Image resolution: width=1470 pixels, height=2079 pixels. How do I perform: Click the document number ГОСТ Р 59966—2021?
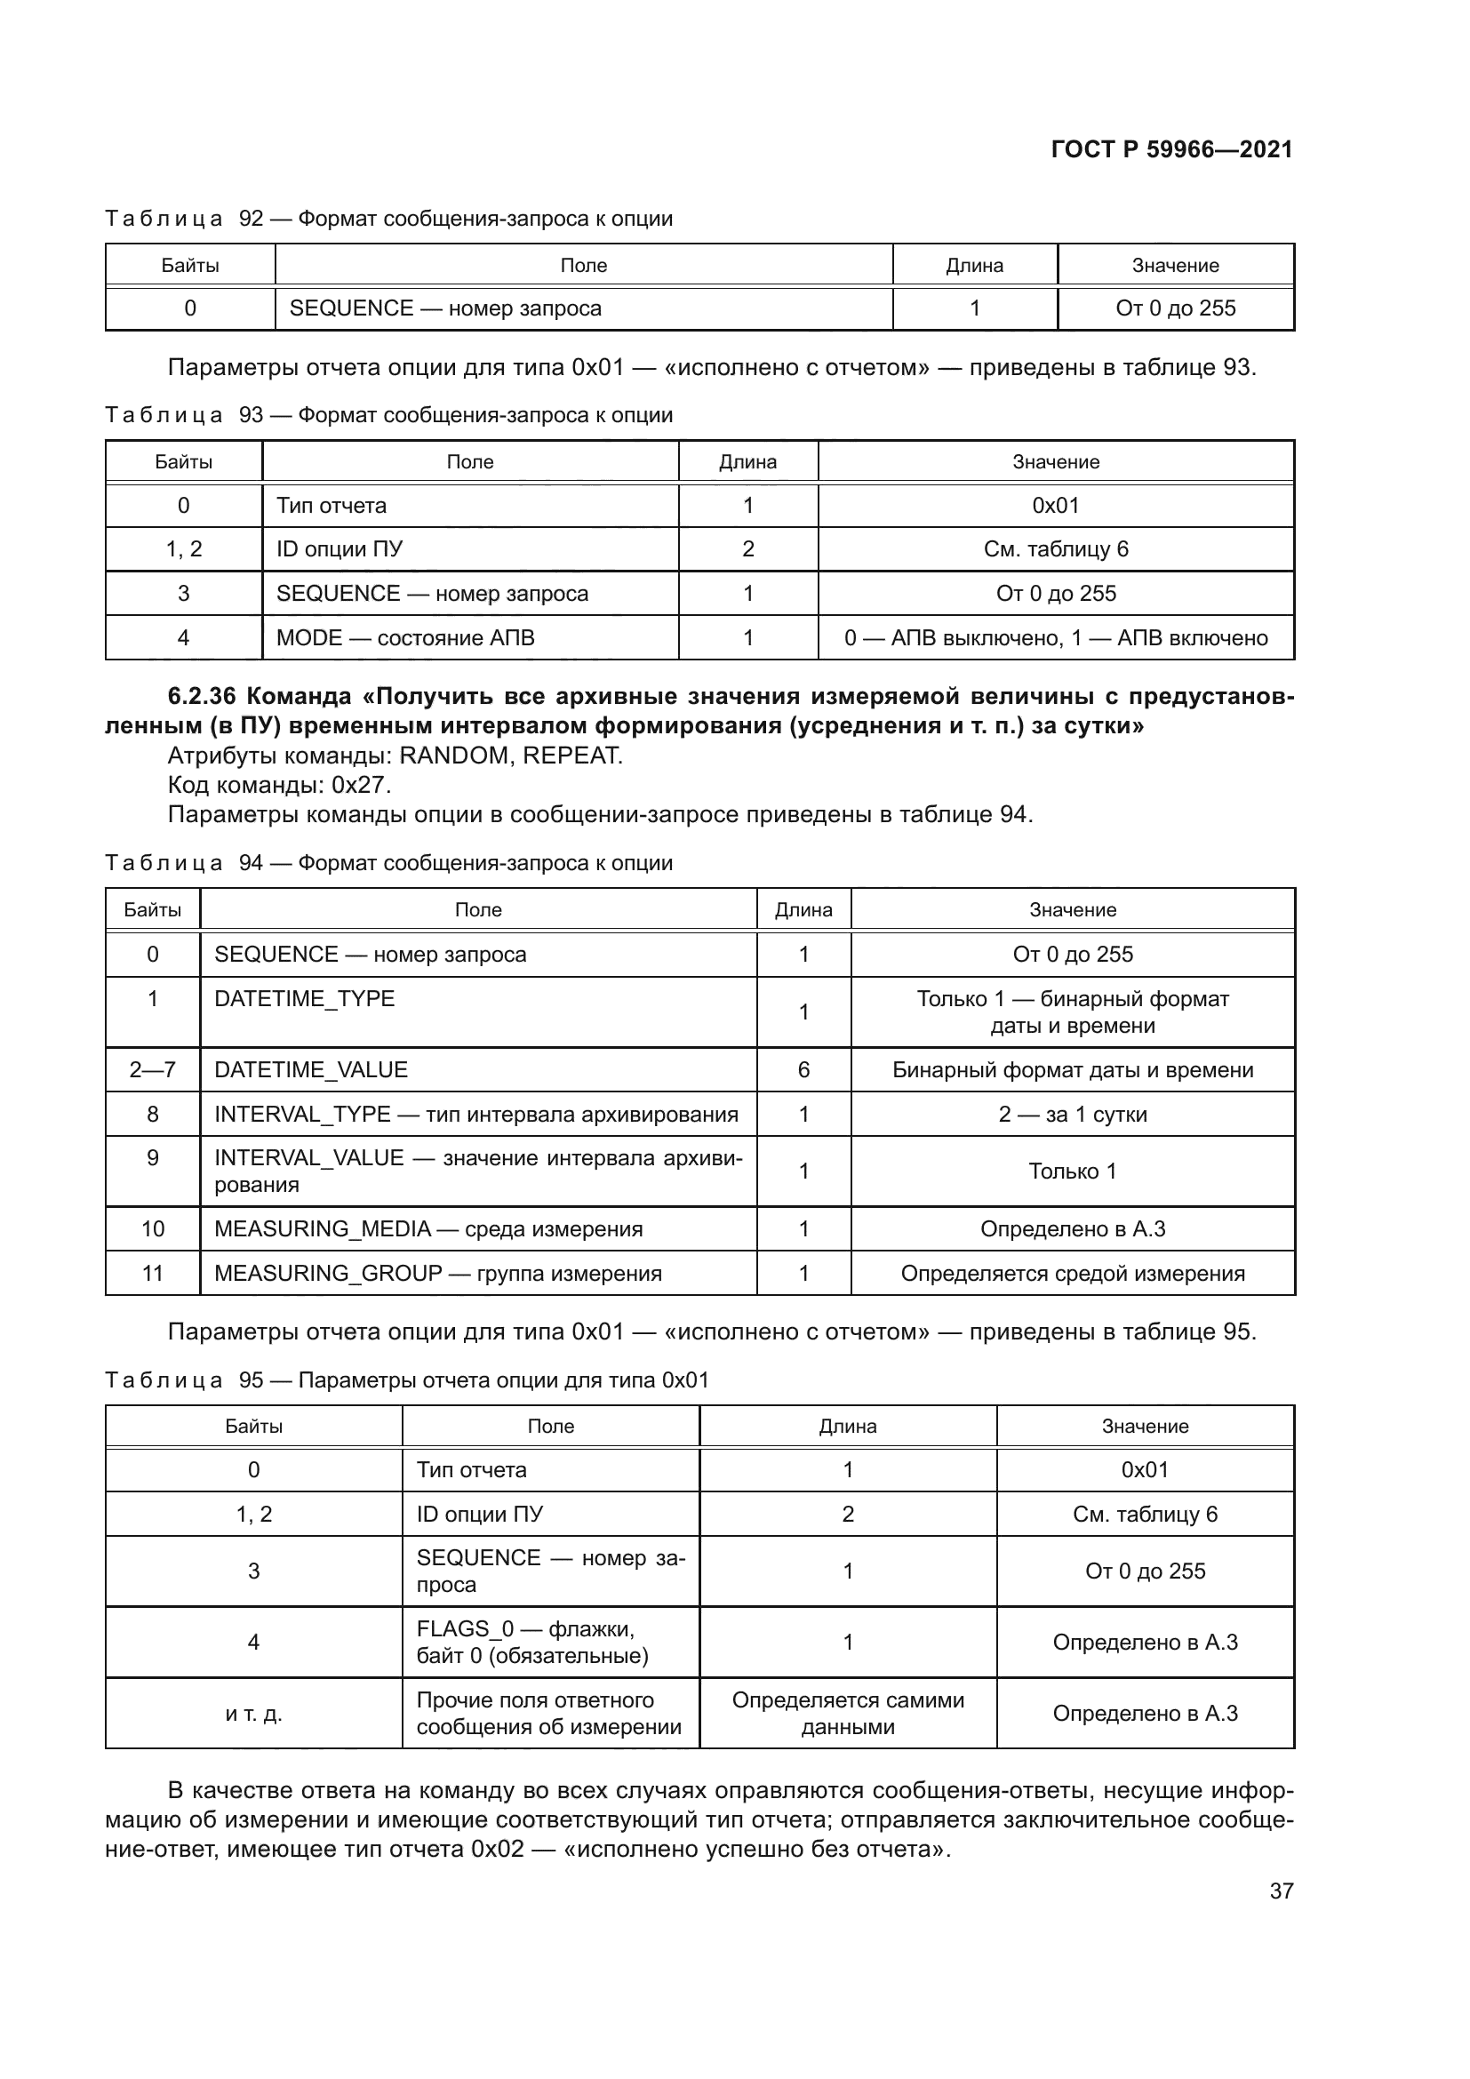(1171, 149)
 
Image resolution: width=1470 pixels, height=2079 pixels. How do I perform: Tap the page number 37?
(1281, 1891)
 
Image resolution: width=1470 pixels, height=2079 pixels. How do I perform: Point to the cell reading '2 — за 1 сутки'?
(1072, 1114)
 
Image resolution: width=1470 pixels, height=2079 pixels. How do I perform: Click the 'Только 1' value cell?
(1072, 1171)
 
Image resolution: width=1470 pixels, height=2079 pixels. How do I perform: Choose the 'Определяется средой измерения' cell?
(1072, 1273)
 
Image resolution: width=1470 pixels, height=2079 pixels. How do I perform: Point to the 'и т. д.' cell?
(253, 1713)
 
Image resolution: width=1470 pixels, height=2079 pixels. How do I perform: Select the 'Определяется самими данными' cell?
(847, 1713)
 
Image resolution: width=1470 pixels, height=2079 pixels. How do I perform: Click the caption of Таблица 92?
(388, 219)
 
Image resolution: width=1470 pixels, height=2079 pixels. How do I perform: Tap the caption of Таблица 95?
(406, 1380)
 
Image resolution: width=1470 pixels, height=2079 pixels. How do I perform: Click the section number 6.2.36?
(201, 696)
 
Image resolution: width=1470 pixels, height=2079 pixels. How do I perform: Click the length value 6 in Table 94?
(803, 1069)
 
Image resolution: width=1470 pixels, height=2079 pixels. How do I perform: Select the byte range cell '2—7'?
(152, 1069)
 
